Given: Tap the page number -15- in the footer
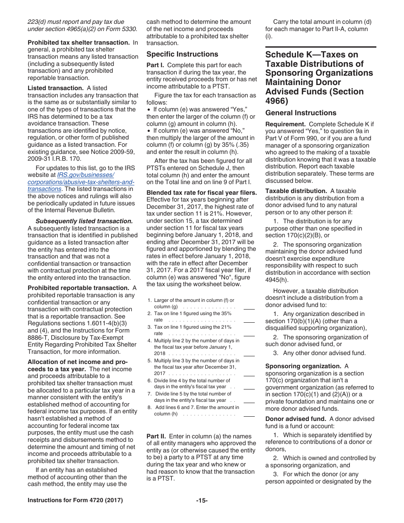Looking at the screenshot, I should tap(202, 500).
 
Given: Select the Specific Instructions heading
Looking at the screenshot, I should tap(182, 54).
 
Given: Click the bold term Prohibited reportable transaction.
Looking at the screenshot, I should tap(78, 288).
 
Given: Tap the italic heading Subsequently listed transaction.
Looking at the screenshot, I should tap(84, 221).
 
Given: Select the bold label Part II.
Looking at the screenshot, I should tap(156, 436).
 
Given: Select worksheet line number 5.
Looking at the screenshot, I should tap(150, 361).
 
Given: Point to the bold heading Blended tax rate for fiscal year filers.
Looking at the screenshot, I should tap(202, 193).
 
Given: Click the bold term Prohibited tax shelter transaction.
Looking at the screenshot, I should tap(79, 43).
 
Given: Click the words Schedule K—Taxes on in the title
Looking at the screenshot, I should tap(311, 54).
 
